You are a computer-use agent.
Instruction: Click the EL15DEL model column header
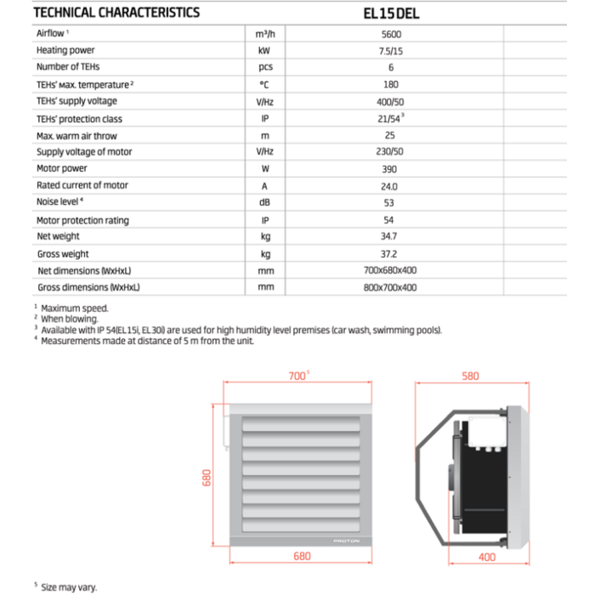click(391, 13)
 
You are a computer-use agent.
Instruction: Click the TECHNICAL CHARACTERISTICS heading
click(116, 13)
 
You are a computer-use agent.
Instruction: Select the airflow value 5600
click(391, 35)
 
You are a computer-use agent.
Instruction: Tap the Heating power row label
click(65, 51)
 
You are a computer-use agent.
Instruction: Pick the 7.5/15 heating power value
click(391, 51)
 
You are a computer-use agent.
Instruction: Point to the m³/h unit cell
click(264, 35)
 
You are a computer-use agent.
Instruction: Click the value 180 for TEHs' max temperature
click(391, 85)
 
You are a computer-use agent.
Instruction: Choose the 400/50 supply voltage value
click(391, 102)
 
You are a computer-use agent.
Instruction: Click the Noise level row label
click(59, 201)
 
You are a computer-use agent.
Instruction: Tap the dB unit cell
click(264, 202)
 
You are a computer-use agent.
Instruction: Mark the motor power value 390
click(391, 169)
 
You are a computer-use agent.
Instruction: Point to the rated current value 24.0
click(391, 185)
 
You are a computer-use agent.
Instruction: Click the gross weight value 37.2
click(391, 253)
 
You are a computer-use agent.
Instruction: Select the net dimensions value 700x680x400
click(391, 270)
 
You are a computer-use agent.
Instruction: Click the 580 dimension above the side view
click(470, 376)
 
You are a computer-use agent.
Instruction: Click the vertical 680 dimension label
click(206, 479)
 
